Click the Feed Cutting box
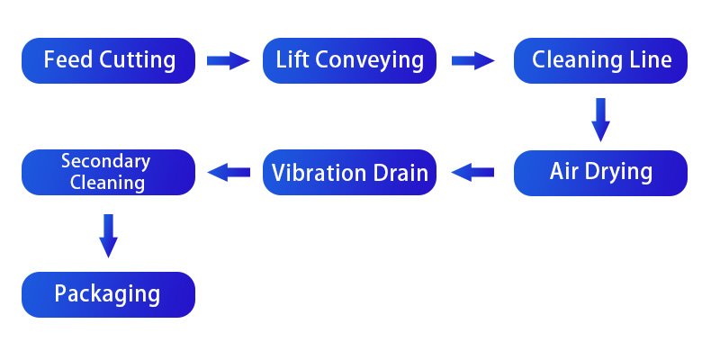coord(109,61)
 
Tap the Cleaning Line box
coord(600,61)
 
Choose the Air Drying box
coord(600,172)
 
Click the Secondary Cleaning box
coord(109,172)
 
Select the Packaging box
coord(109,294)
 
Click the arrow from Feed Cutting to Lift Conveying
coord(228,61)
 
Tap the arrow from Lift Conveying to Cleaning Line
coord(472,61)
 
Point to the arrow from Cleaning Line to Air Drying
coord(600,118)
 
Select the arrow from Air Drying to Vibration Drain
coord(472,172)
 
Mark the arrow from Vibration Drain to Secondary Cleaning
coord(229,172)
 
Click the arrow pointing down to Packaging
coord(109,236)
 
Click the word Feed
coord(66,61)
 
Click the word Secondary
coord(105,162)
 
